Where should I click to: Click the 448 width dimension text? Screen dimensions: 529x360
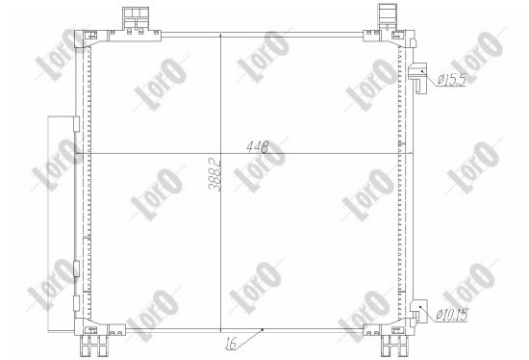coord(258,147)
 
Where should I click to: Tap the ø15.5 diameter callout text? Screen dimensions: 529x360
coord(451,79)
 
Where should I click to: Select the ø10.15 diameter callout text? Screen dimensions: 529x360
coord(452,315)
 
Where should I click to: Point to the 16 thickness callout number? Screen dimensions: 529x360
coord(231,344)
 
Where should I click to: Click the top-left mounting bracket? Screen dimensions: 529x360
coord(136,19)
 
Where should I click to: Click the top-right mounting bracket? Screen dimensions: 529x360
coord(388,16)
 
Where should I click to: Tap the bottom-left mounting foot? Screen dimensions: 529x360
coord(93,346)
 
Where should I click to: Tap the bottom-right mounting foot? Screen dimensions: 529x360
coord(394,346)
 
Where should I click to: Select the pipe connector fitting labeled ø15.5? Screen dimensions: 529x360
coord(417,77)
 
